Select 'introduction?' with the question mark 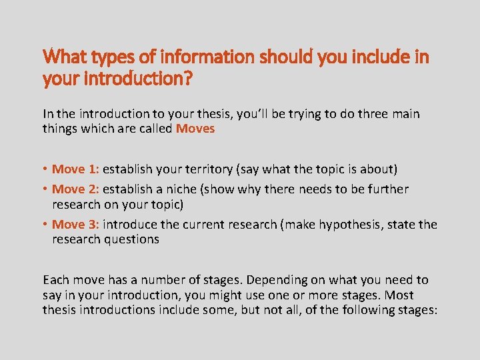click(x=136, y=79)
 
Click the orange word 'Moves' click(x=195, y=129)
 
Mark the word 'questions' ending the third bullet click(x=131, y=239)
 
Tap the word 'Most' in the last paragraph click(x=399, y=295)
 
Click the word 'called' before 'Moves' click(x=155, y=129)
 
